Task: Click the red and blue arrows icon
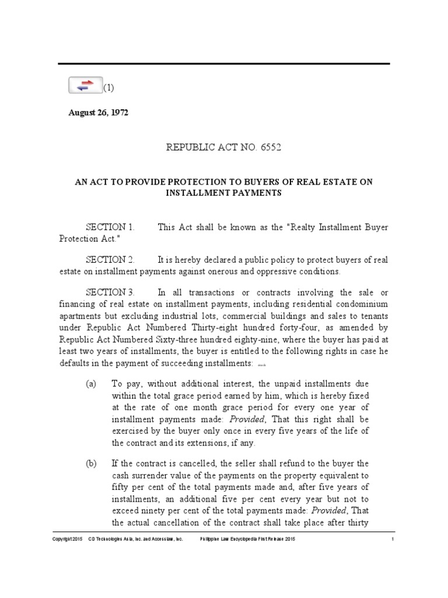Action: [85, 85]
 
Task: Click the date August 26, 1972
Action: [98, 113]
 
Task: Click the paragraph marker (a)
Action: [91, 383]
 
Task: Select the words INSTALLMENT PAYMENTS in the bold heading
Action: [224, 193]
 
